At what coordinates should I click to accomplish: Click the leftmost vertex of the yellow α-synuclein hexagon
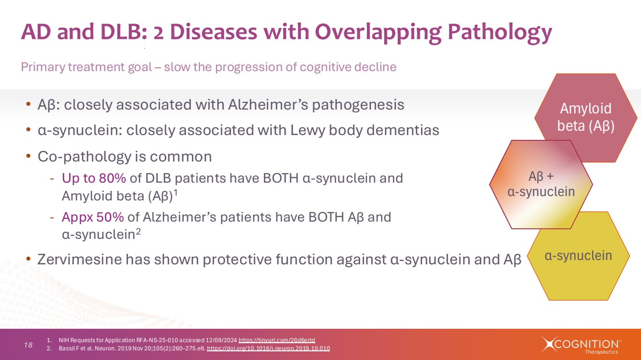[x=527, y=256]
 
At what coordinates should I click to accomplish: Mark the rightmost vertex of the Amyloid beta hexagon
[x=637, y=118]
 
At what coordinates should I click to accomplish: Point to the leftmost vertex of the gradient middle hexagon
[x=490, y=185]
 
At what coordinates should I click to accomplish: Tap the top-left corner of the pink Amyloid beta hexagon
[x=556, y=74]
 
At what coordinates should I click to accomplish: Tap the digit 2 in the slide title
[x=158, y=32]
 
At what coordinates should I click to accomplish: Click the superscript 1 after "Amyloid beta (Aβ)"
[x=176, y=193]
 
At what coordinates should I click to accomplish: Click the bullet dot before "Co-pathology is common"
[x=28, y=156]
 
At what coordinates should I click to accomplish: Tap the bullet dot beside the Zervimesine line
[x=28, y=259]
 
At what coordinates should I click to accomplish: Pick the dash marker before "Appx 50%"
[x=52, y=218]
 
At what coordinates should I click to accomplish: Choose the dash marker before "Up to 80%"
[x=52, y=179]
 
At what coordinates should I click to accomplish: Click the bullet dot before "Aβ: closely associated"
[x=28, y=104]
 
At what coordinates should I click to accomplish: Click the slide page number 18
[x=28, y=345]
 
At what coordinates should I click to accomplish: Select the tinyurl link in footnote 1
[x=277, y=340]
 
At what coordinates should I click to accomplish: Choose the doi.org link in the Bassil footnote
[x=268, y=348]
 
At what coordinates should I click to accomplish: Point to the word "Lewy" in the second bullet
[x=307, y=131]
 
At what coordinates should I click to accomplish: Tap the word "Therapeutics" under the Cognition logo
[x=602, y=352]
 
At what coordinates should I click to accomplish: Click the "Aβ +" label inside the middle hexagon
[x=541, y=176]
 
